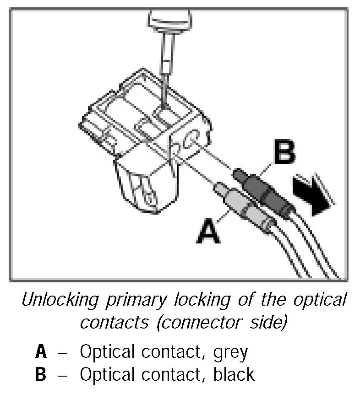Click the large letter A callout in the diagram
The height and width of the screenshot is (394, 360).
[x=209, y=231]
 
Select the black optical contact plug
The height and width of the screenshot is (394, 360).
[x=259, y=186]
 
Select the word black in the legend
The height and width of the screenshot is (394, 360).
[x=234, y=374]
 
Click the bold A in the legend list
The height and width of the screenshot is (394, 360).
[x=40, y=352]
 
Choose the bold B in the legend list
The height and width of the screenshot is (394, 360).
[x=40, y=374]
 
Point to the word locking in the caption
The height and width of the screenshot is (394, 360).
[x=197, y=301]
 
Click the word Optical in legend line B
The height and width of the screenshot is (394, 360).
[x=108, y=374]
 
